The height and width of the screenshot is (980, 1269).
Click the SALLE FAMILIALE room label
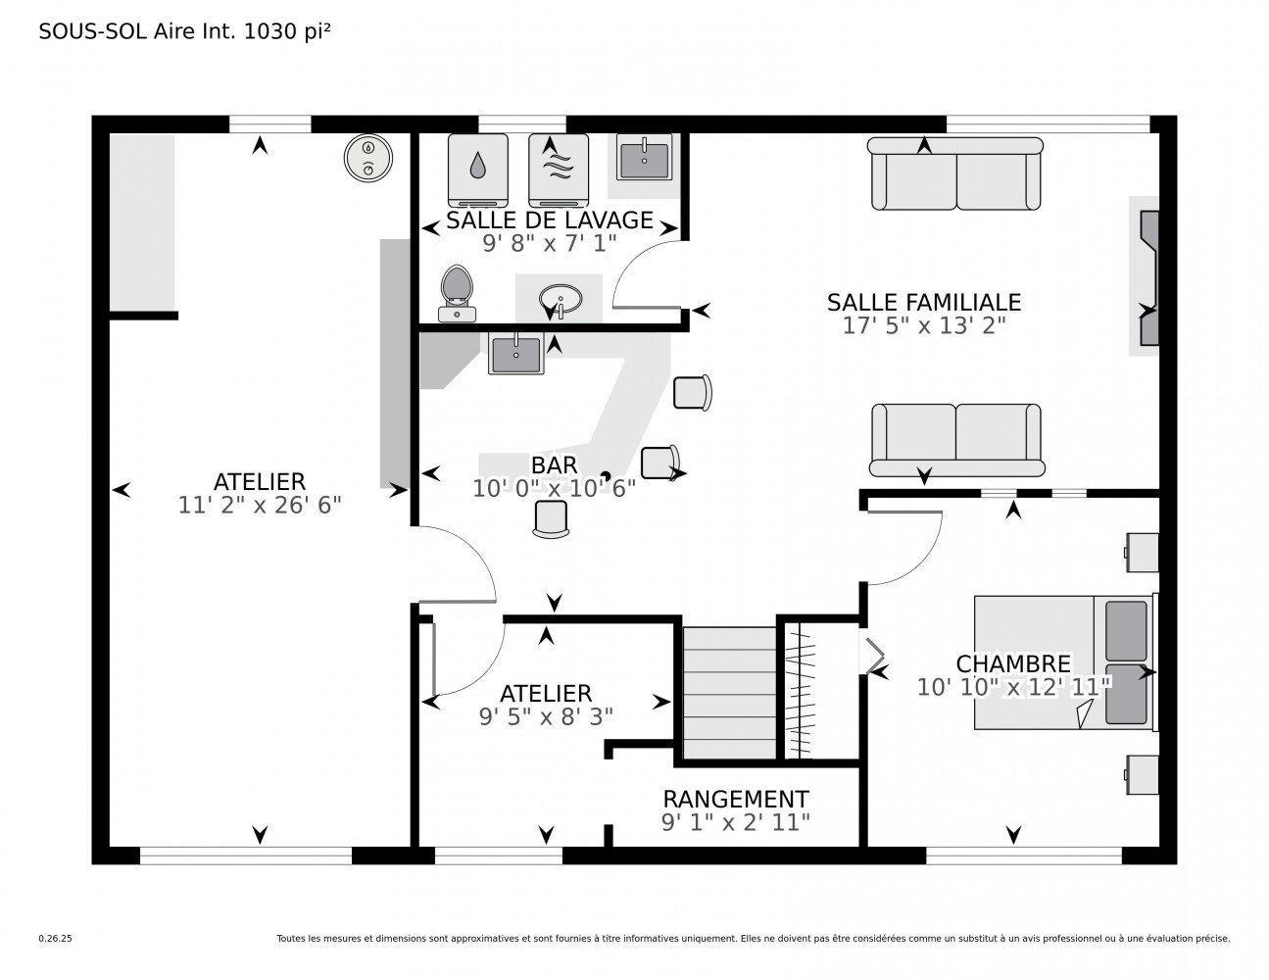tap(923, 302)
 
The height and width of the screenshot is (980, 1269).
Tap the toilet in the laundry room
tap(457, 292)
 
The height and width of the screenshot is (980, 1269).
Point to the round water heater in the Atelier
tap(368, 157)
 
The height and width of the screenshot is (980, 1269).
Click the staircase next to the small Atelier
tap(727, 692)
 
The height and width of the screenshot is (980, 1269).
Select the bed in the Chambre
tap(1064, 662)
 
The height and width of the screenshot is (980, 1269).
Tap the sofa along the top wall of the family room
tap(955, 172)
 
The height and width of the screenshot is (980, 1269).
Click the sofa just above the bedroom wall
tap(955, 438)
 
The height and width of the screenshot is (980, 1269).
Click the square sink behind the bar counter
tap(515, 354)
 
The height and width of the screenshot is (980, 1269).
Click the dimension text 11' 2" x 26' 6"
tap(260, 505)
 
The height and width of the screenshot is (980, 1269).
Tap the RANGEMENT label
tap(736, 799)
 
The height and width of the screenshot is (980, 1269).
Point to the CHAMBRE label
tap(1013, 664)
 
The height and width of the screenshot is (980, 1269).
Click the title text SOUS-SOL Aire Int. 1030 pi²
tap(184, 31)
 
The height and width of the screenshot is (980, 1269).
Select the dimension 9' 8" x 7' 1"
tap(549, 242)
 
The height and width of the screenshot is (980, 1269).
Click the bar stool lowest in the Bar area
tap(551, 518)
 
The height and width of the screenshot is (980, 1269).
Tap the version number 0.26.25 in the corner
tap(55, 938)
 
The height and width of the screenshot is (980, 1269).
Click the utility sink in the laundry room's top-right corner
tap(643, 159)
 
